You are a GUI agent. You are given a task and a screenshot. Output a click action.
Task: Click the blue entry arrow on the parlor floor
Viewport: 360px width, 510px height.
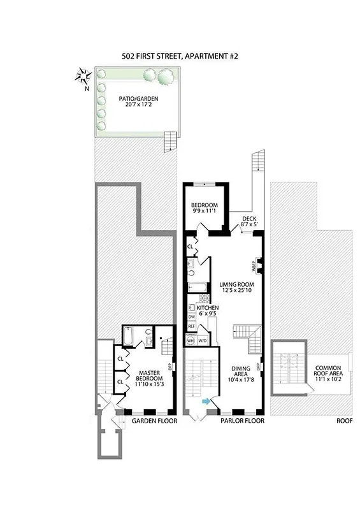point(206,401)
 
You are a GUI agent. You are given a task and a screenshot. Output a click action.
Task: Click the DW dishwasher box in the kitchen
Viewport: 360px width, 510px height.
point(191,317)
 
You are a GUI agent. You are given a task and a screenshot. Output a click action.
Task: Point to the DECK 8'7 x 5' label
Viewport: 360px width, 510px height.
point(248,221)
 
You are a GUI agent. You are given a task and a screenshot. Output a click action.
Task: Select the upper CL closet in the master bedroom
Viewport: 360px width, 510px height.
point(120,359)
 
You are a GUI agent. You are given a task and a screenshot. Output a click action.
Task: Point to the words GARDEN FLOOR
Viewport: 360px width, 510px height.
point(151,421)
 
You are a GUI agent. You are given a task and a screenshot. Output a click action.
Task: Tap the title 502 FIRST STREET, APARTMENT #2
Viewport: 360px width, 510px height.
point(179,56)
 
